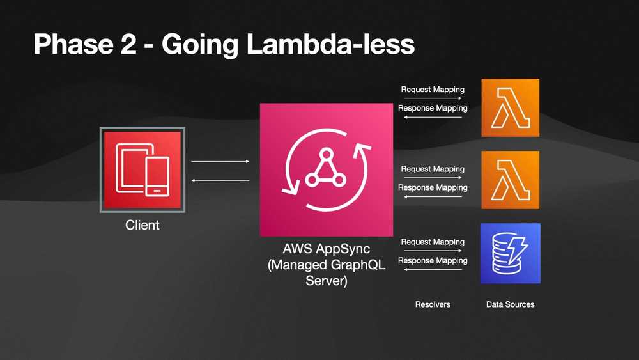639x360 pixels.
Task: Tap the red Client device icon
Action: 142,169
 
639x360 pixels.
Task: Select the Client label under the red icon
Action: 142,225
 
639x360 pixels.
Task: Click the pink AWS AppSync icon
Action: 327,170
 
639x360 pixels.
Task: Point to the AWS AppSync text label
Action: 327,248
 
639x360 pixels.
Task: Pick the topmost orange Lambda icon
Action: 510,107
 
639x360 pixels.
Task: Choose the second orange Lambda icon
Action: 510,180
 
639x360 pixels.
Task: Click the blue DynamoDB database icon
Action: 510,253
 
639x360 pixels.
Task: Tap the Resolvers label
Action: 433,304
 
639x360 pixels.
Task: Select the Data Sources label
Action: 510,304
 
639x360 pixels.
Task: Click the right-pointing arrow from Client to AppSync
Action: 220,162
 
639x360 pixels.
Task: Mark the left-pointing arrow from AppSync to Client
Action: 220,181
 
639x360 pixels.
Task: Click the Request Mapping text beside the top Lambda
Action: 433,90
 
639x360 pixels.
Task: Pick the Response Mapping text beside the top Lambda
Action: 433,108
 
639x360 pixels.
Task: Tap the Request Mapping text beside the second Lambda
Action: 433,169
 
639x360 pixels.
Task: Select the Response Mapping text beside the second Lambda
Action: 433,187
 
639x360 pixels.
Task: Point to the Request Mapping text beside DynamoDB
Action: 433,242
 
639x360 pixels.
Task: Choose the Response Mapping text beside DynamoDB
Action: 433,260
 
